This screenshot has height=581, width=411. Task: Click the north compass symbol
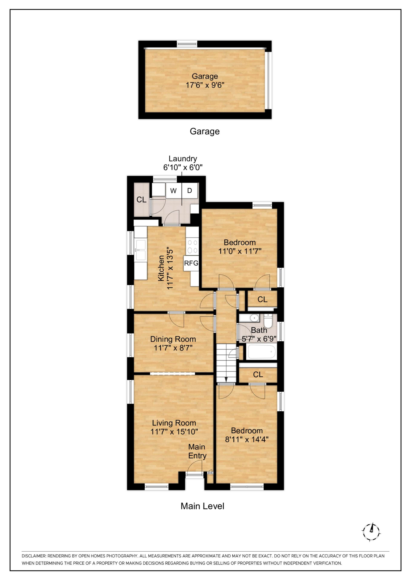[371, 532]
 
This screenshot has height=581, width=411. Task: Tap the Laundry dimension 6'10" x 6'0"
[183, 167]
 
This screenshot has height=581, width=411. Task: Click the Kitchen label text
[161, 268]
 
